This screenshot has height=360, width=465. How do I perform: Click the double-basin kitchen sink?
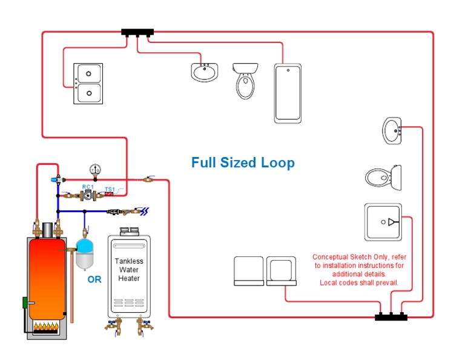tap(88, 83)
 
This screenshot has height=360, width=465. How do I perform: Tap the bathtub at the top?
tap(288, 93)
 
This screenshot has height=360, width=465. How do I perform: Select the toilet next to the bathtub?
tap(245, 81)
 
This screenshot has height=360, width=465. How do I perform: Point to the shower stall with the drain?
tap(383, 221)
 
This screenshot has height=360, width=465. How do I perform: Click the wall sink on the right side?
tap(391, 130)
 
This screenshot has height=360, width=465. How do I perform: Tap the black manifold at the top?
tap(137, 32)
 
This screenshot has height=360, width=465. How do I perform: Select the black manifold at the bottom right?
tap(391, 316)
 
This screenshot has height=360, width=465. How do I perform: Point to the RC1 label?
tap(88, 187)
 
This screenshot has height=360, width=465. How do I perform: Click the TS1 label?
tap(110, 189)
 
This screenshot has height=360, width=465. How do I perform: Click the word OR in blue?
tap(94, 279)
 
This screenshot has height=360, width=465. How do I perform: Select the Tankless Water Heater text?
tap(129, 270)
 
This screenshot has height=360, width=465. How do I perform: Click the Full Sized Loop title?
tap(243, 162)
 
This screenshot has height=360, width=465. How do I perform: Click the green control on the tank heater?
tap(25, 302)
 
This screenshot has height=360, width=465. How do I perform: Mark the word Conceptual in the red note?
tap(331, 257)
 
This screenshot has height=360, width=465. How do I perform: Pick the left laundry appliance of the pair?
tap(249, 271)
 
